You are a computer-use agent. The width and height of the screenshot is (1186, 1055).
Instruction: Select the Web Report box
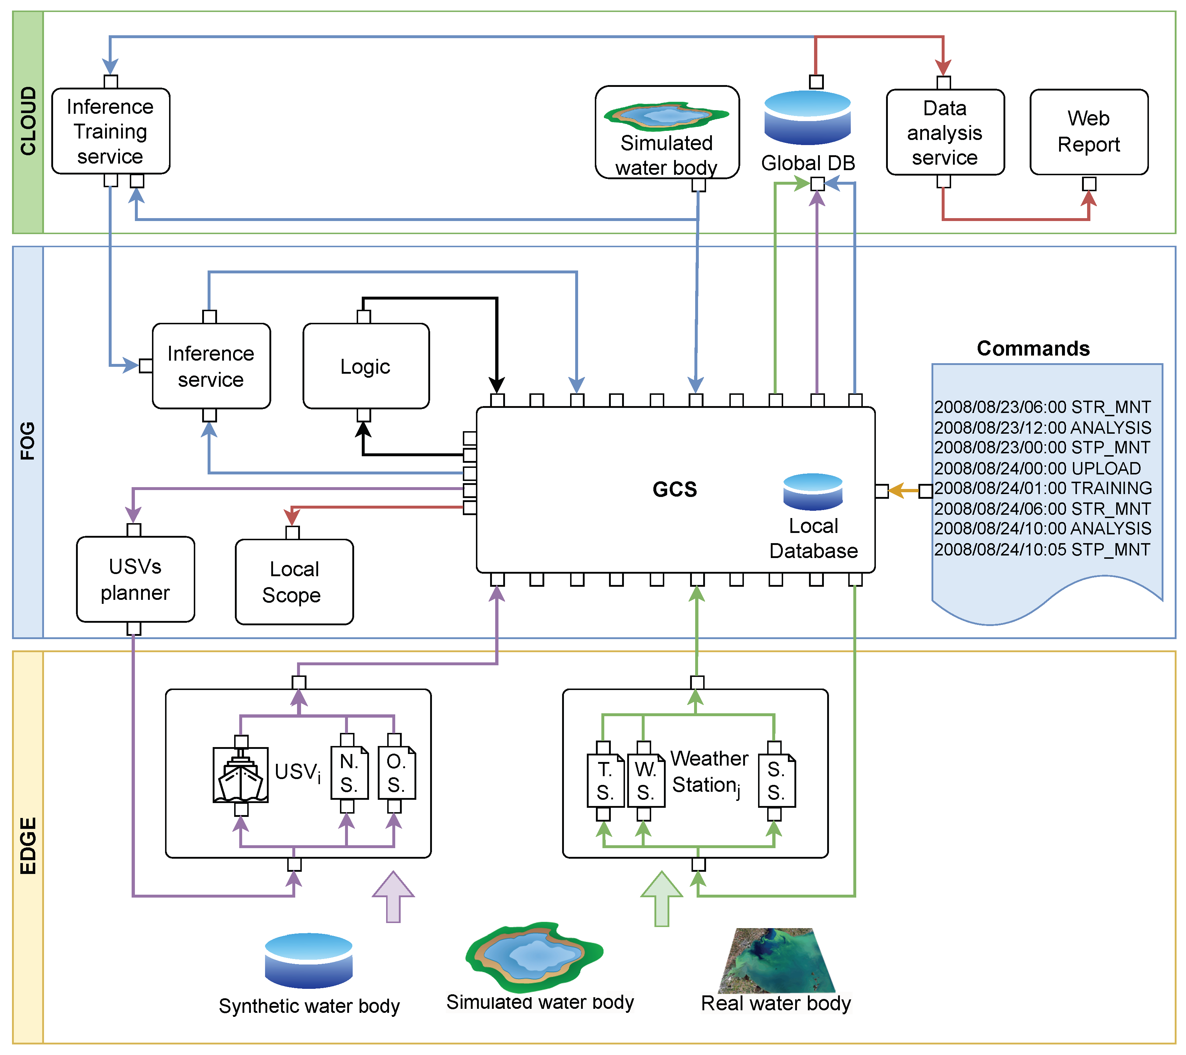point(1089,132)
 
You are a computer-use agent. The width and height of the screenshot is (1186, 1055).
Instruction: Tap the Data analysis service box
point(945,132)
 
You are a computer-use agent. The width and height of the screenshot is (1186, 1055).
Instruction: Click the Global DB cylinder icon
point(808,118)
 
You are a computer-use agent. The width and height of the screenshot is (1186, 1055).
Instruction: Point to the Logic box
point(366,366)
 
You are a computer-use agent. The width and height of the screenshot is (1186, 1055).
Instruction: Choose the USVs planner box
point(136,579)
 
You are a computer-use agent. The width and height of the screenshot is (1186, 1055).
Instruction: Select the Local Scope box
point(294,582)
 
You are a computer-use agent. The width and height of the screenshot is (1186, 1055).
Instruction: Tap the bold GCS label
point(675,489)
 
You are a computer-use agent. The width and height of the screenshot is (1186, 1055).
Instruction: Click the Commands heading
point(1033,348)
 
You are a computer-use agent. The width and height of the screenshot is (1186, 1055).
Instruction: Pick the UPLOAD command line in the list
point(1037,468)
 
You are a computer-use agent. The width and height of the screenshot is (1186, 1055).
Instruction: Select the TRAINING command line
point(1043,488)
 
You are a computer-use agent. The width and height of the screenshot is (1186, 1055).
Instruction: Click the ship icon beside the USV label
point(241,775)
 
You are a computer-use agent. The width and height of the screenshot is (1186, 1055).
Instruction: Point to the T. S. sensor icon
point(606,781)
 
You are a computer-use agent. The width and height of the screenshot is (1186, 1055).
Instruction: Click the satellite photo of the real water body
point(777,960)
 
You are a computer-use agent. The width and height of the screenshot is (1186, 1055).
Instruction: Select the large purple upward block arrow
point(393,896)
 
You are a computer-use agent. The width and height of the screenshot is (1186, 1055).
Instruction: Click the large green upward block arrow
point(661,898)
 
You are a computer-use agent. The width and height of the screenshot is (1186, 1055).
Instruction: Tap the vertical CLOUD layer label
point(28,121)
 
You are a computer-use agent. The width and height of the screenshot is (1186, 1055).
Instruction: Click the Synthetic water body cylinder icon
point(309,960)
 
